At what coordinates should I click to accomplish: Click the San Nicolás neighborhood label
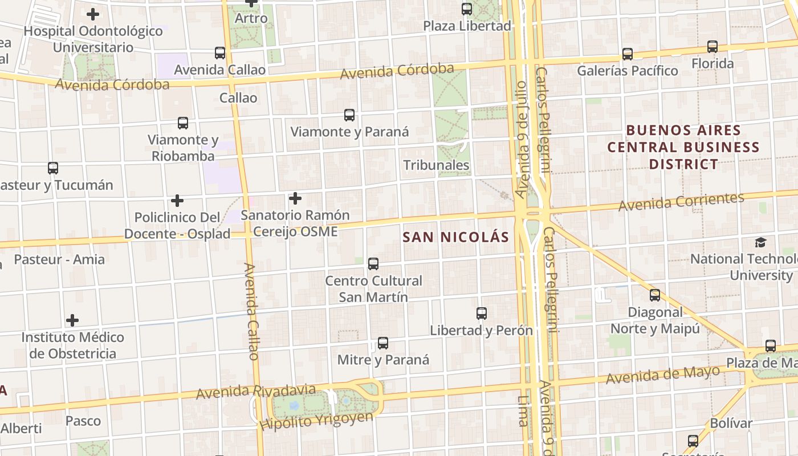[x=455, y=237]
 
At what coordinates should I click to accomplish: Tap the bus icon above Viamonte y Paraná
[x=349, y=115]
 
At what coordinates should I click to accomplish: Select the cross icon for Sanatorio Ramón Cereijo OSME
[x=295, y=198]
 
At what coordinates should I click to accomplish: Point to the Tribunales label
[x=436, y=165]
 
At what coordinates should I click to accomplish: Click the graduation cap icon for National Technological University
[x=760, y=242]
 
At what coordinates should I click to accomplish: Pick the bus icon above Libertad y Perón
[x=482, y=313]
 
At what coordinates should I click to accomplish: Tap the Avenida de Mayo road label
[x=662, y=375]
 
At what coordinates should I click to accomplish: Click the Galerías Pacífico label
[x=628, y=71]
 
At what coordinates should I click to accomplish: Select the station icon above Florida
[x=712, y=47]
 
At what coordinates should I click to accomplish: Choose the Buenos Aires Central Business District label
[x=683, y=147]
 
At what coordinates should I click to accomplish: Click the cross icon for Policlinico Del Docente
[x=177, y=201]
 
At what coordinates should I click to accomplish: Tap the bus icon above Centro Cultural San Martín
[x=373, y=264]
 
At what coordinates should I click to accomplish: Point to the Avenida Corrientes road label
[x=681, y=201]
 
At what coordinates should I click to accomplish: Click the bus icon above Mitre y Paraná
[x=383, y=343]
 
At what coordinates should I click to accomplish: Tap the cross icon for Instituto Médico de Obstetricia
[x=72, y=320]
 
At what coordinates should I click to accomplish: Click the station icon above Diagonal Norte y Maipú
[x=655, y=295]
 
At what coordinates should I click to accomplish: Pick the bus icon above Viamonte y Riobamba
[x=183, y=123]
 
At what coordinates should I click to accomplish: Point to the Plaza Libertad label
[x=467, y=26]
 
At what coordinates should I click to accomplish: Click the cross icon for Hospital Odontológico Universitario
[x=93, y=14]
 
